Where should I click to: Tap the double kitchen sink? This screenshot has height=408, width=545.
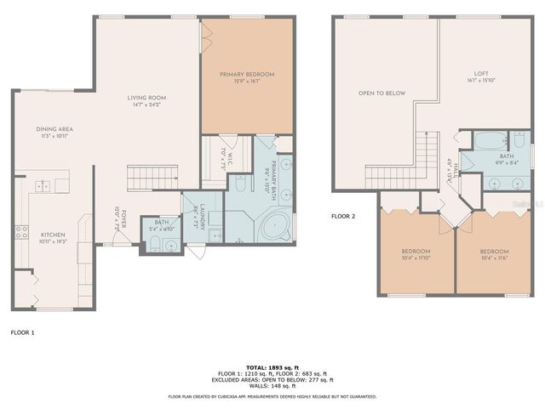point(41,186)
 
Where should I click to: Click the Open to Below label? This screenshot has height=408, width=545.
point(381,93)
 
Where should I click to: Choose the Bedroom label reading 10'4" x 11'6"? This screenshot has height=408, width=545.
point(493,254)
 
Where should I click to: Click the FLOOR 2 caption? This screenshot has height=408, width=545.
point(343,216)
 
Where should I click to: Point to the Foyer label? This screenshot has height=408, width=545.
point(122,220)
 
